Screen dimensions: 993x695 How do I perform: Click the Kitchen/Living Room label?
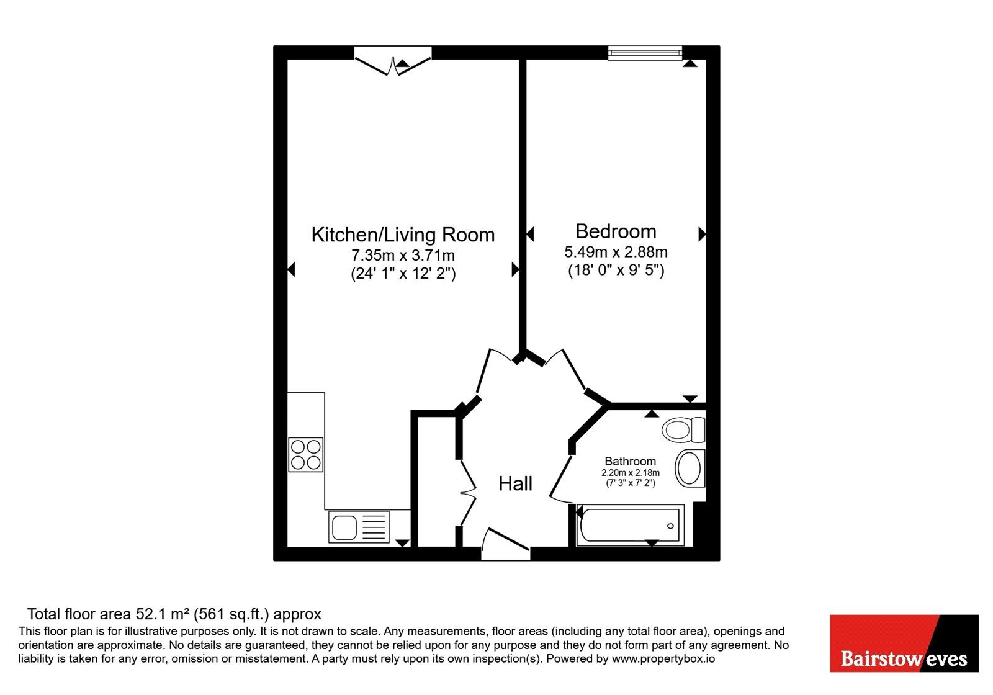(403, 235)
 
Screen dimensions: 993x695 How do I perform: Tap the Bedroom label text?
(616, 231)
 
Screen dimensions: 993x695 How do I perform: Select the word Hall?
(515, 483)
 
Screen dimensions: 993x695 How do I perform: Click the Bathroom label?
(631, 461)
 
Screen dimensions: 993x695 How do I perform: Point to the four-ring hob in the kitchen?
(306, 454)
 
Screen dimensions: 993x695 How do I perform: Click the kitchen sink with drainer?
(359, 527)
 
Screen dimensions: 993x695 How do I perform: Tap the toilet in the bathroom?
(683, 429)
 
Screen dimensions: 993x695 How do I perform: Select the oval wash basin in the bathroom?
(690, 468)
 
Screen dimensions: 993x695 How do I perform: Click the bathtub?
(630, 525)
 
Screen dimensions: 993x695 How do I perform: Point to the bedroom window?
(645, 53)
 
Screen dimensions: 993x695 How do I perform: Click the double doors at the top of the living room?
(393, 61)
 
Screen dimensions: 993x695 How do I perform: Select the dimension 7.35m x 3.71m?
(403, 255)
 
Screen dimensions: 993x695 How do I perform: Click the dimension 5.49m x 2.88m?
(616, 252)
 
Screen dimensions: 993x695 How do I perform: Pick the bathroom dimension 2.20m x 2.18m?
(631, 473)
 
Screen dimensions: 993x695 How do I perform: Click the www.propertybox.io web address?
(663, 658)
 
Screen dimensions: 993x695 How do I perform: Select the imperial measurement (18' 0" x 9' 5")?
(616, 270)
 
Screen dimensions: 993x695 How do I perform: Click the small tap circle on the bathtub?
(670, 526)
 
